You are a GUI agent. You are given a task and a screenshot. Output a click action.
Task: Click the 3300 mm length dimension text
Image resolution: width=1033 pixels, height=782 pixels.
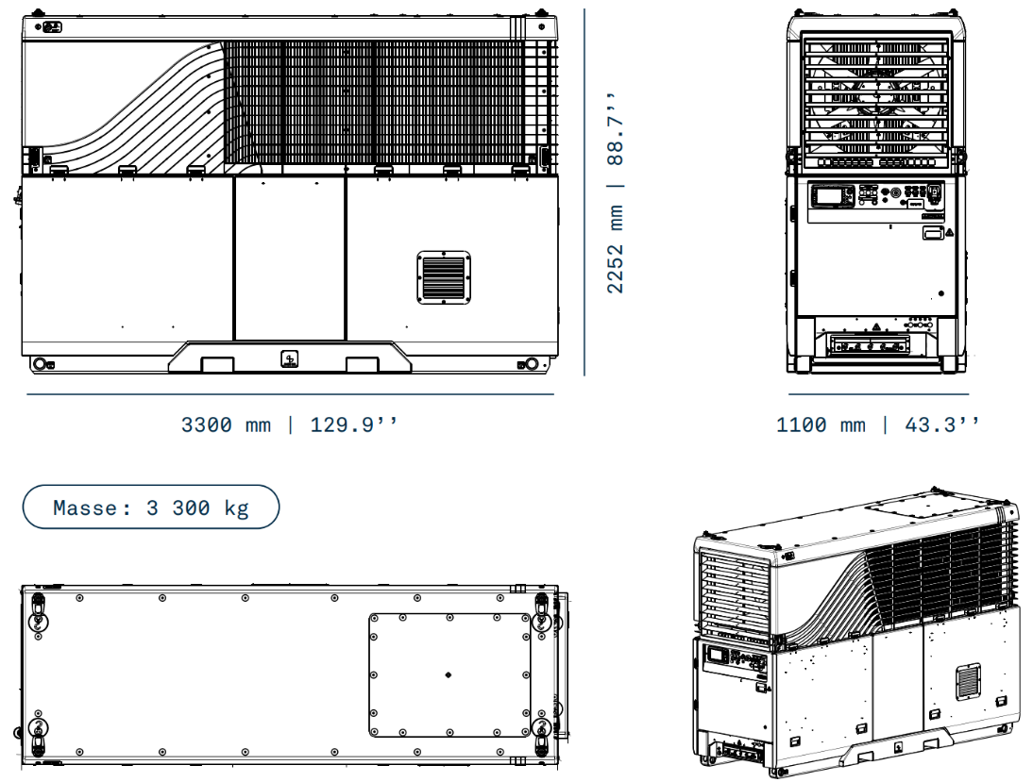pyautogui.click(x=226, y=424)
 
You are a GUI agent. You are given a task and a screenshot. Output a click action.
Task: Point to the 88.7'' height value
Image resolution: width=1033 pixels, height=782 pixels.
pyautogui.click(x=616, y=128)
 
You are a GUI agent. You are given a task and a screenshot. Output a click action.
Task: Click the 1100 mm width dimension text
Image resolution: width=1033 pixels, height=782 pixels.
pyautogui.click(x=820, y=424)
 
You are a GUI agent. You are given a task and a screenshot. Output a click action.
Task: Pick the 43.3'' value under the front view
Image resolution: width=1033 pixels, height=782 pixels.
pyautogui.click(x=941, y=424)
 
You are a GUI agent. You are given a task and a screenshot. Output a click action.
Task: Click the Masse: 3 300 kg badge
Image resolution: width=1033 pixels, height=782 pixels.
pyautogui.click(x=151, y=507)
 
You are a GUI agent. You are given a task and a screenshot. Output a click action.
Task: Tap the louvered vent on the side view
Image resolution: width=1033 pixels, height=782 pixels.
pyautogui.click(x=444, y=278)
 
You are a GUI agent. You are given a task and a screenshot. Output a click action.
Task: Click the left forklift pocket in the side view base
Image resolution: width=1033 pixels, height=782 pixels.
pyautogui.click(x=217, y=363)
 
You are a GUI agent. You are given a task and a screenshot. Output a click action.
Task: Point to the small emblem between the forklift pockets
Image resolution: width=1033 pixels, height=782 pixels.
pyautogui.click(x=290, y=358)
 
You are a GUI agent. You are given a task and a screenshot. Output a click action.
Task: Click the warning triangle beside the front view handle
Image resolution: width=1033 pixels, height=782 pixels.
pyautogui.click(x=948, y=230)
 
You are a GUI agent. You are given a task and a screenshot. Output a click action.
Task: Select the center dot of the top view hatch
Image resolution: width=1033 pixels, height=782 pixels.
pyautogui.click(x=448, y=674)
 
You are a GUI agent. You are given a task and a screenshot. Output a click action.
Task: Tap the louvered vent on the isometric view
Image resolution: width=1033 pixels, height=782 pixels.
pyautogui.click(x=969, y=680)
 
